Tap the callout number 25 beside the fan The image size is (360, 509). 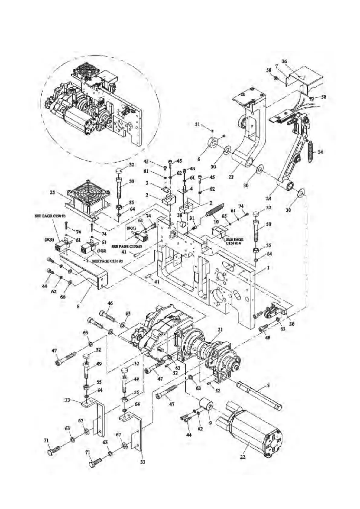[x=53, y=192]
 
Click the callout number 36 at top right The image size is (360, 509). [x=284, y=61]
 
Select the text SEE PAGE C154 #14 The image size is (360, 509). [x=235, y=241]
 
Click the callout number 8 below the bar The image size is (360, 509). [x=78, y=306]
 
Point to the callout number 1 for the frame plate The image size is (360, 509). [x=268, y=268]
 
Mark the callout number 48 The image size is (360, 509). [x=268, y=338]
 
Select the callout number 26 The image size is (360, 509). [x=292, y=323]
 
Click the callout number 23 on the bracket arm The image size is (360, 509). [x=231, y=177]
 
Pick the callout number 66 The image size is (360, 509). [x=63, y=297]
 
